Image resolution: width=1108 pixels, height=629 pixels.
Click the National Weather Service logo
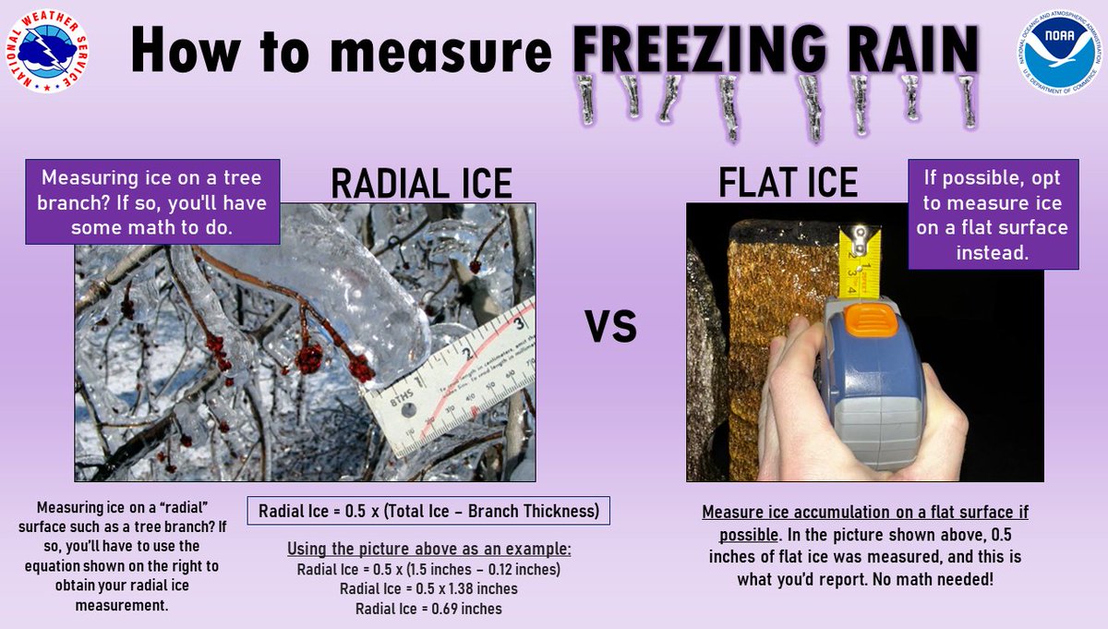pyautogui.click(x=45, y=53)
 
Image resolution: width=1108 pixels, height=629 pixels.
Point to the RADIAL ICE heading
pyautogui.click(x=421, y=183)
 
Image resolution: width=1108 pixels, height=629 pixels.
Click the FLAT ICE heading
pyautogui.click(x=788, y=183)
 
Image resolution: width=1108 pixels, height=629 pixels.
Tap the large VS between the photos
pyautogui.click(x=610, y=325)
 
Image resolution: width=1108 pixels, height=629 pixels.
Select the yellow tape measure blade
pyautogui.click(x=859, y=263)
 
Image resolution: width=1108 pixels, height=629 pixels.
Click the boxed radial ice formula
pyautogui.click(x=428, y=511)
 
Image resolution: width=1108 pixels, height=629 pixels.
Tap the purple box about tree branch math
pyautogui.click(x=152, y=202)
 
